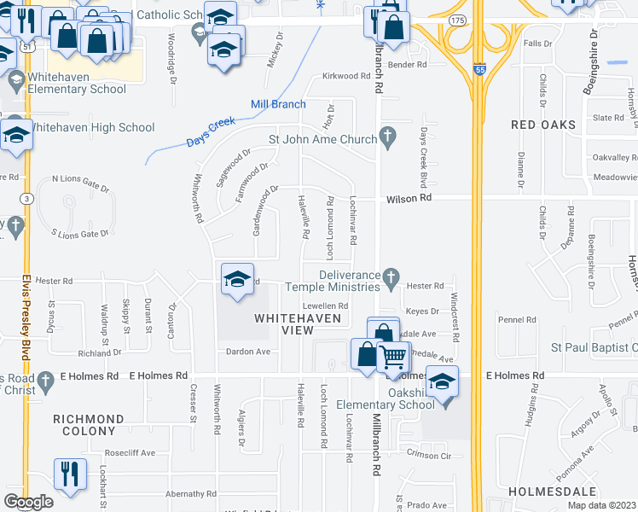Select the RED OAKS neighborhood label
(x=542, y=125)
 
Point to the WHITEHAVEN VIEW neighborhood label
(x=298, y=324)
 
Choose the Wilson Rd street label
(x=409, y=197)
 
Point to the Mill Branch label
(x=277, y=104)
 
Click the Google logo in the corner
(x=28, y=502)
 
